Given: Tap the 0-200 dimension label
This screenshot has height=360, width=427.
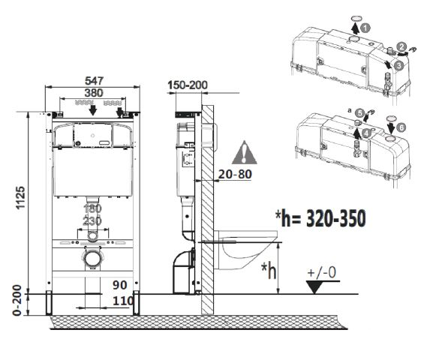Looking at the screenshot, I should click(22, 303).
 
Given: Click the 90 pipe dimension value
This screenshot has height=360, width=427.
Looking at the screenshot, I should click(120, 286).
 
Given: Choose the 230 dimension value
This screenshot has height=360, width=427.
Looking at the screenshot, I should click(92, 221).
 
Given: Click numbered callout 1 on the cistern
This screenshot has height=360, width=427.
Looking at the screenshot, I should click(365, 27).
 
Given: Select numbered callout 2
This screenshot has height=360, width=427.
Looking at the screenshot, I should click(402, 47).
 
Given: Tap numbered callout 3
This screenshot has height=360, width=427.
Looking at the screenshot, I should click(398, 65).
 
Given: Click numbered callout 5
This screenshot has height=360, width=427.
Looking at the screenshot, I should click(359, 112).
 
